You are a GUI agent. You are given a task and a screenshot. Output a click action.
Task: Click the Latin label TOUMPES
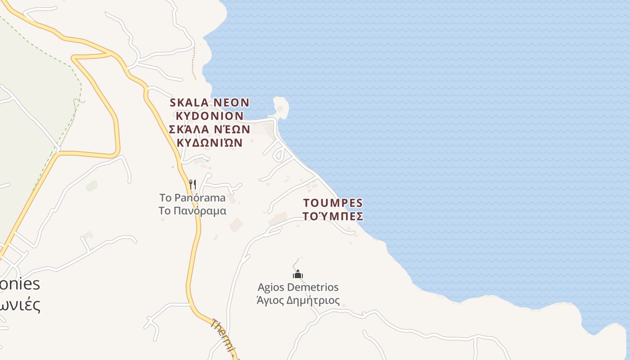333,202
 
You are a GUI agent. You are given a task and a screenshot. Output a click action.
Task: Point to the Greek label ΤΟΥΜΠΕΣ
333,216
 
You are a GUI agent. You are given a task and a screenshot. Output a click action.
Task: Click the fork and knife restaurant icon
193,184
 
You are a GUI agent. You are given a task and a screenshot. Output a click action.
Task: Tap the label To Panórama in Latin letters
192,198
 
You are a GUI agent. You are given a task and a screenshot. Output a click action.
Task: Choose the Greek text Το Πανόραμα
192,211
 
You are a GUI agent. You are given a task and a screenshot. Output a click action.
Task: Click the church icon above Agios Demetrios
298,274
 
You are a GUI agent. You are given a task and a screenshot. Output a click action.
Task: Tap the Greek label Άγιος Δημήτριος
298,300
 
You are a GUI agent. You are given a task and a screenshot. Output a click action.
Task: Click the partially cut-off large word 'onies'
20,284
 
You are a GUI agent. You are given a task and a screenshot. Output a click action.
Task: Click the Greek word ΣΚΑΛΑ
189,130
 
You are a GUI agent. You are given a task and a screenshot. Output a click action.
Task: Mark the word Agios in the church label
270,287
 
